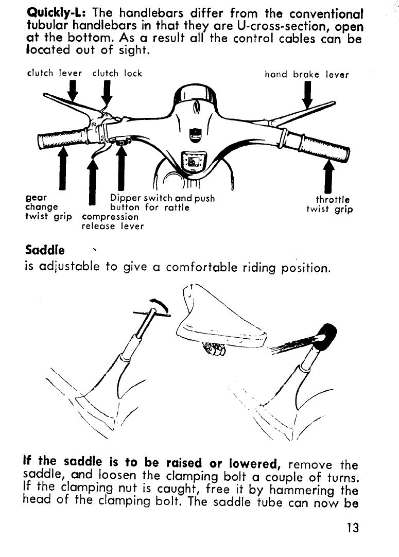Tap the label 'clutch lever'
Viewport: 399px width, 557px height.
coord(54,74)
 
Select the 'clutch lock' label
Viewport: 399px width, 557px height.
coord(117,74)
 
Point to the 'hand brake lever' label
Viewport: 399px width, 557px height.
coord(306,75)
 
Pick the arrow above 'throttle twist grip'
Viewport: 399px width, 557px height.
coord(328,178)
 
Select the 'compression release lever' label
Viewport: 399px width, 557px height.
coord(113,221)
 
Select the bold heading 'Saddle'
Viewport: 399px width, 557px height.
coord(45,251)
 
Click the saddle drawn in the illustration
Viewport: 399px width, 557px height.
coord(221,324)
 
